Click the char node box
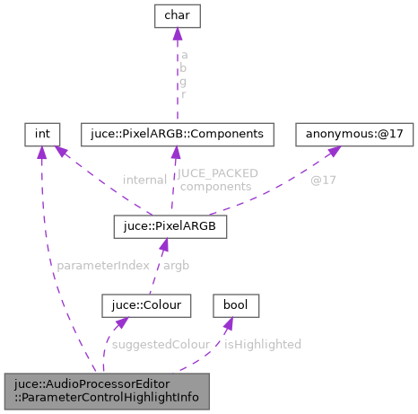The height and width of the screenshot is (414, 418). click(x=177, y=15)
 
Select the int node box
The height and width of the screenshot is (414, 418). click(x=42, y=134)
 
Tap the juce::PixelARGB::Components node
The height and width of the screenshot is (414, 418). click(x=176, y=134)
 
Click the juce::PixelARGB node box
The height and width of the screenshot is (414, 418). click(x=170, y=225)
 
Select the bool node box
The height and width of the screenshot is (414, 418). click(x=236, y=306)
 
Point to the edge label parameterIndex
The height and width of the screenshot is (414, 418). click(x=96, y=266)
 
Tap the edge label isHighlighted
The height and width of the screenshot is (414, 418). click(x=263, y=343)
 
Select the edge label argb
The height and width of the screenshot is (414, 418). click(x=177, y=266)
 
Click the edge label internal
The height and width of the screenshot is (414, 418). click(x=144, y=180)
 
